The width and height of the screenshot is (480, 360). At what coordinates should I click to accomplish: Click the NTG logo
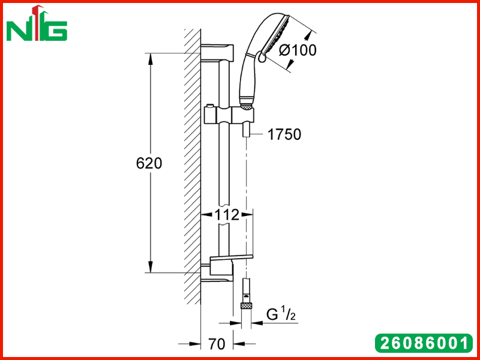[37, 23]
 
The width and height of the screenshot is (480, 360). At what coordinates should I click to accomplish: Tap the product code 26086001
[424, 343]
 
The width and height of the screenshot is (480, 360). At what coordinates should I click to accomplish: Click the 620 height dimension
[149, 163]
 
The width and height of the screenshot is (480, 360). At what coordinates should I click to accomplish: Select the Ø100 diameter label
[298, 50]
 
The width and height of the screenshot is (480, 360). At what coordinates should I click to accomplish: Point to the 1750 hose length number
[284, 134]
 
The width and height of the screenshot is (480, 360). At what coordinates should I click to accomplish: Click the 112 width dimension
[227, 215]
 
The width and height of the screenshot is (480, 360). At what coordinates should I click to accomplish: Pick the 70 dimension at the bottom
[217, 344]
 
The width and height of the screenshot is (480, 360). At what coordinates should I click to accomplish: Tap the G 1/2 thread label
[281, 314]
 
